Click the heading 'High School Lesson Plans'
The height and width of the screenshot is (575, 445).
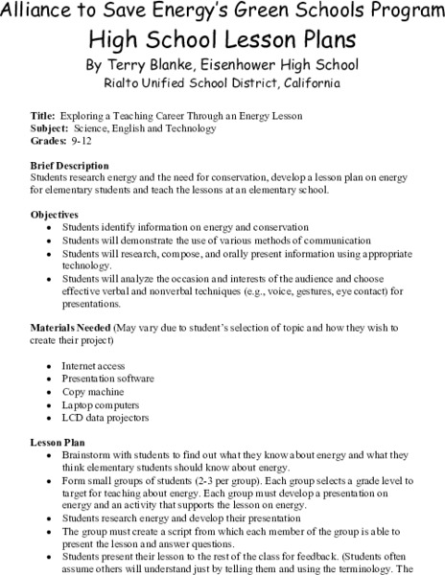coord(222,39)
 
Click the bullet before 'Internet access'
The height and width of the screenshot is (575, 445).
coord(49,366)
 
